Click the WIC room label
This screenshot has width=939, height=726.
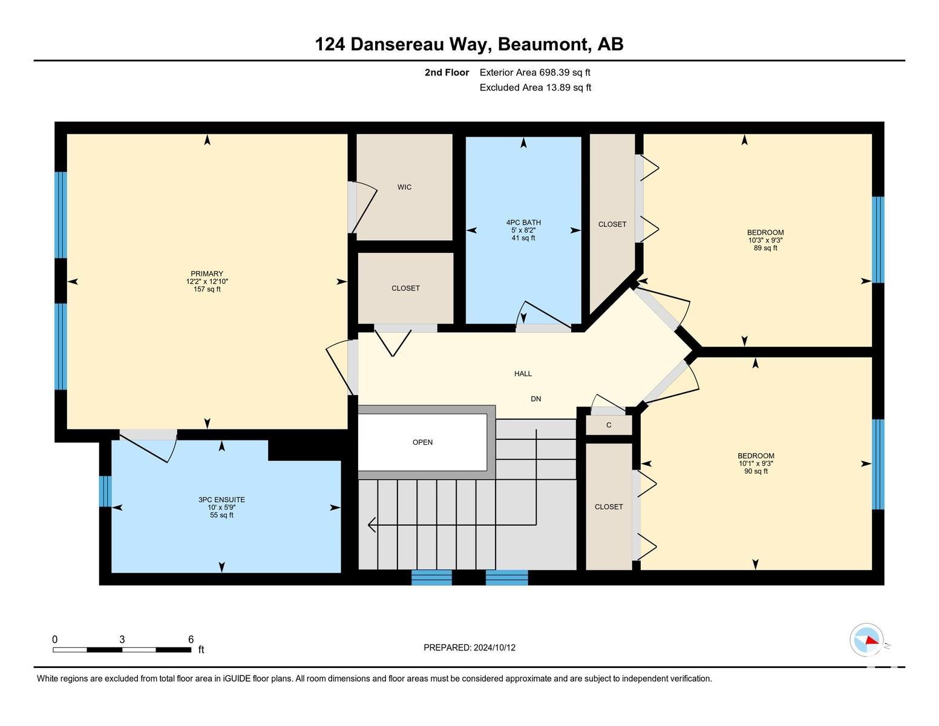click(x=404, y=187)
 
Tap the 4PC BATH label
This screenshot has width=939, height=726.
click(x=523, y=223)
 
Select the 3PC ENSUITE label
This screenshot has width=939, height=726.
click(x=221, y=499)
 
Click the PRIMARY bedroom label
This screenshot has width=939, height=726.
click(x=207, y=273)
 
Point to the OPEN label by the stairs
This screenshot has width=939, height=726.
click(x=422, y=442)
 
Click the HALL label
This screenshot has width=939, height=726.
click(x=523, y=373)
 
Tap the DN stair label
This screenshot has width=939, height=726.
click(x=536, y=399)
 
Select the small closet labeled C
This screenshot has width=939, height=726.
click(x=609, y=425)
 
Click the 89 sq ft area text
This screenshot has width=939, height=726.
click(x=765, y=248)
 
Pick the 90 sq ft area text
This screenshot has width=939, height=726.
click(x=756, y=471)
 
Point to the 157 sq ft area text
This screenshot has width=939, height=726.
click(x=207, y=289)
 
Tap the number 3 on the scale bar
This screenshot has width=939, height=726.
click(x=122, y=639)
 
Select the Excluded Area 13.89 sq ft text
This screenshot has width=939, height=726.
click(x=535, y=87)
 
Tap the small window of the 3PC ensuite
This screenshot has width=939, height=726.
click(x=105, y=491)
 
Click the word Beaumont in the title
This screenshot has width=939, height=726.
click(x=544, y=45)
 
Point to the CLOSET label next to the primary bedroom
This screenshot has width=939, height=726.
click(x=405, y=288)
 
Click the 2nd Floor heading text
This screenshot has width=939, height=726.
click(x=447, y=73)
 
